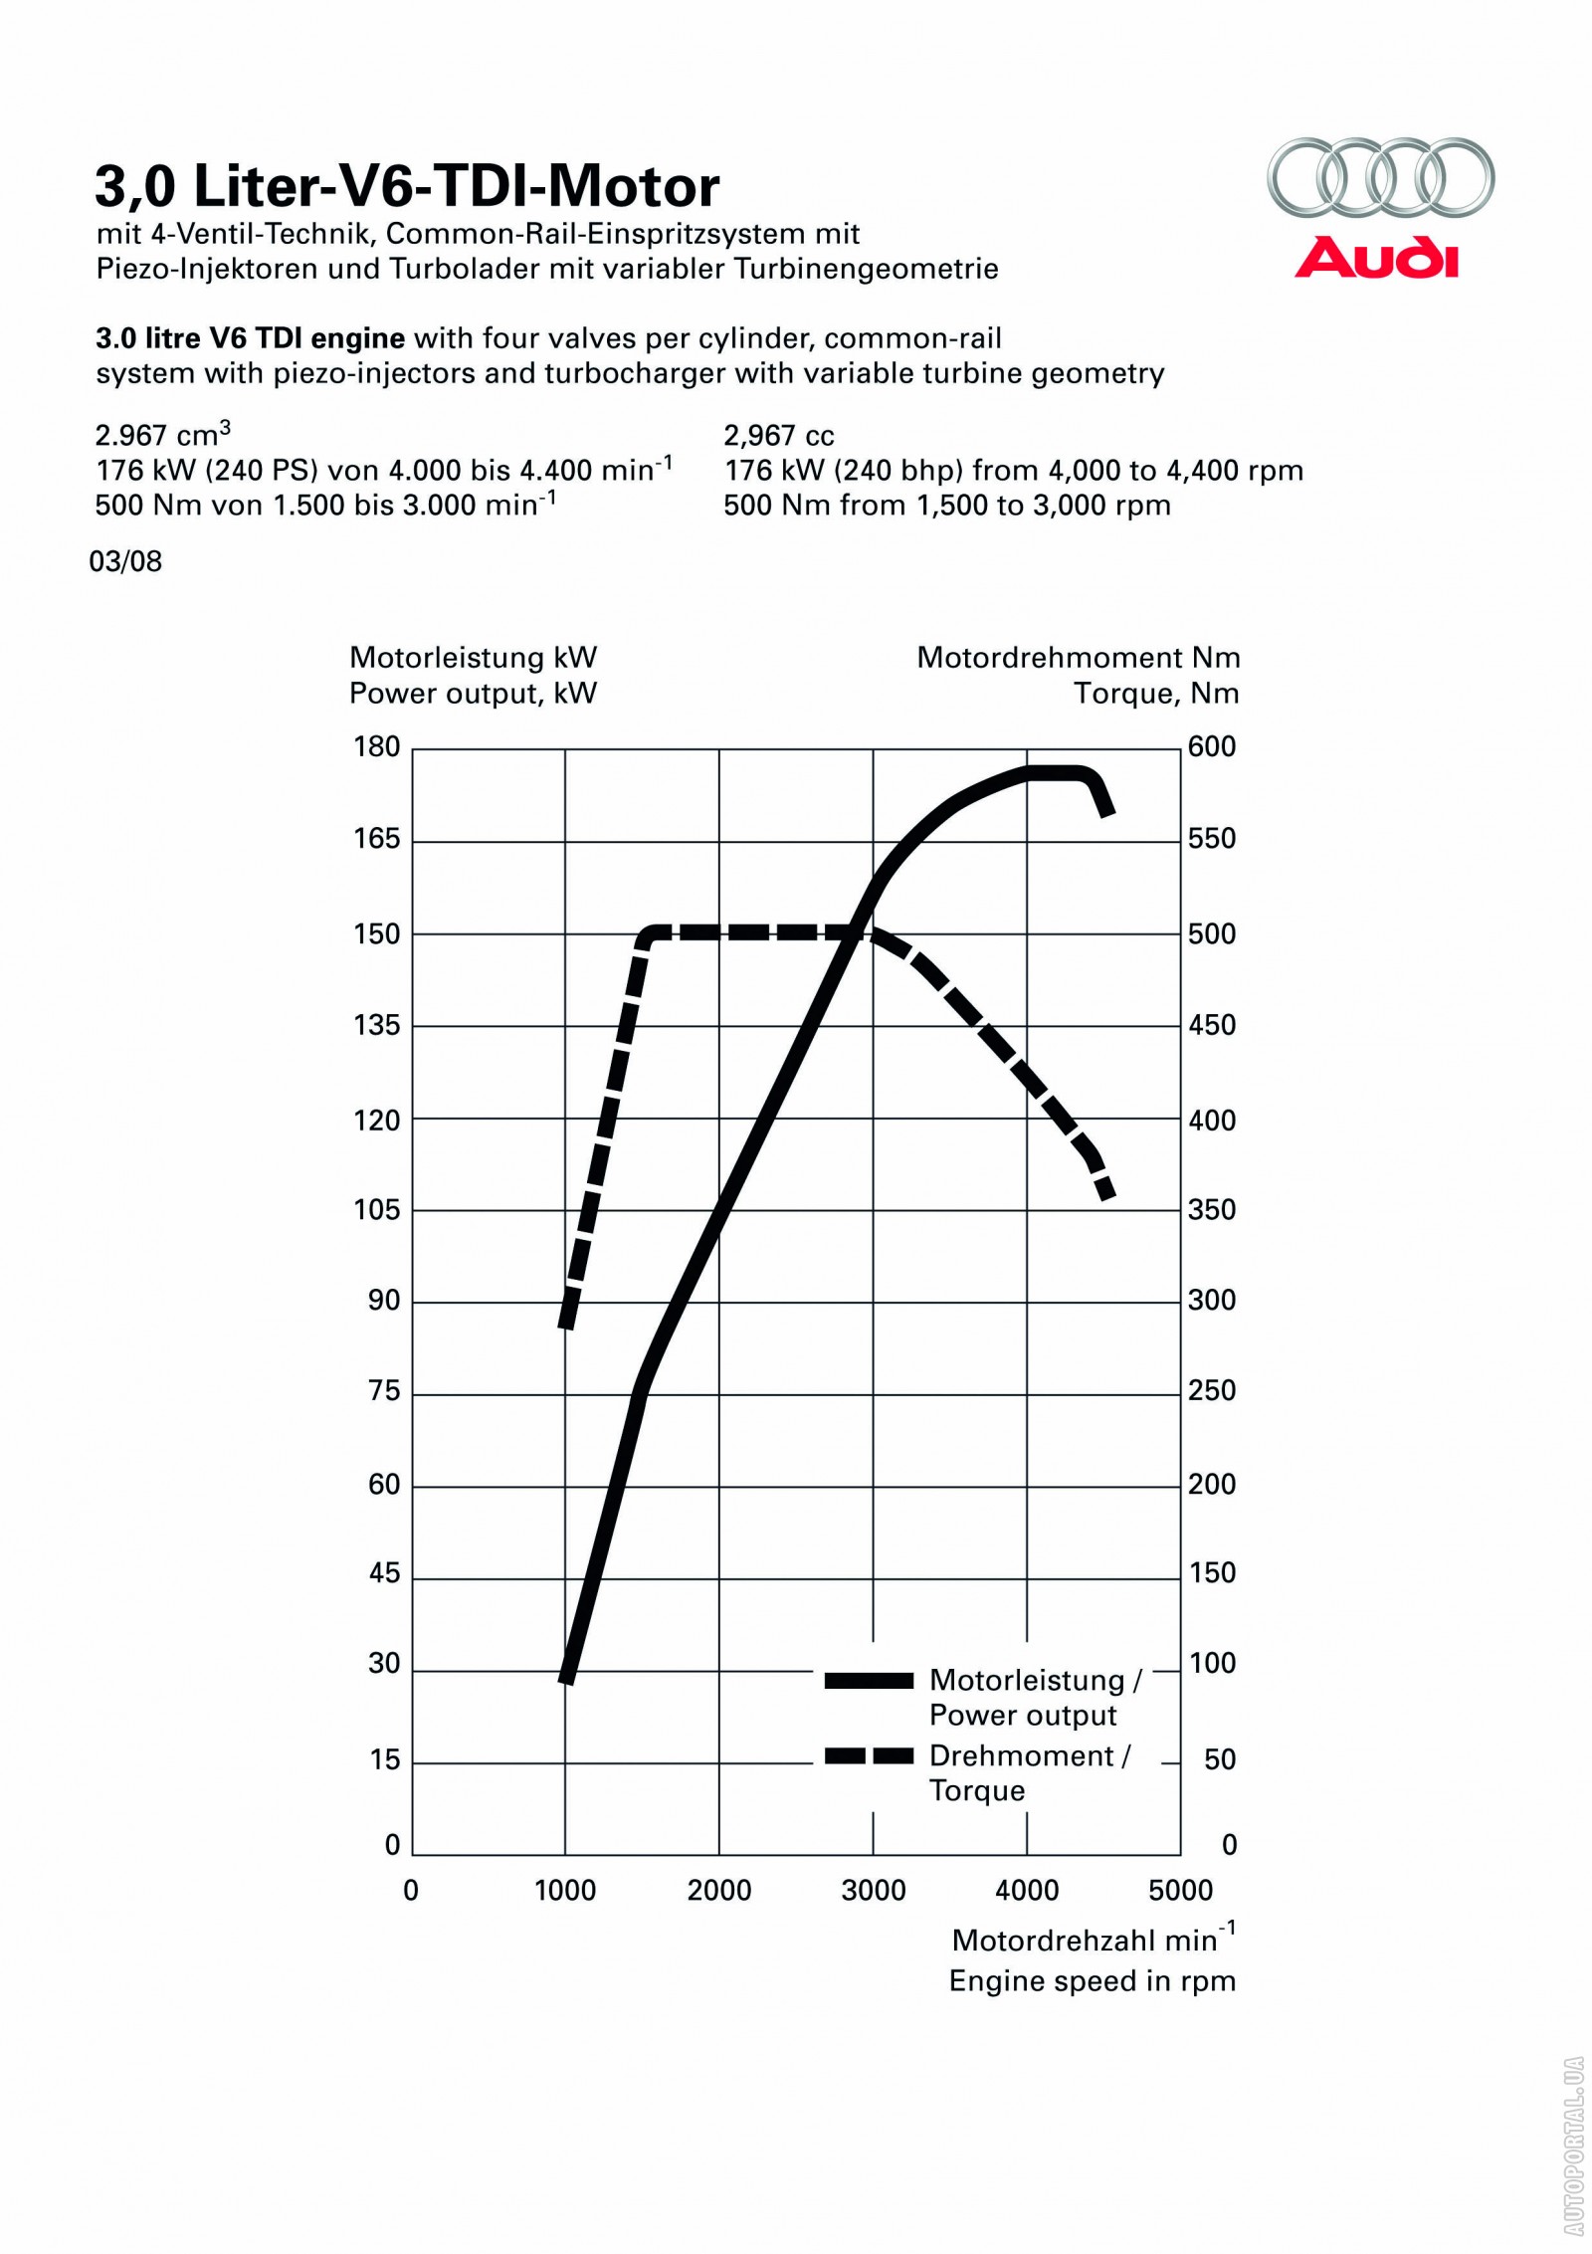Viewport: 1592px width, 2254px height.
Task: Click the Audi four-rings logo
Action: [x=1380, y=177]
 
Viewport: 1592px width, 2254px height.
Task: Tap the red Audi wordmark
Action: [x=1376, y=258]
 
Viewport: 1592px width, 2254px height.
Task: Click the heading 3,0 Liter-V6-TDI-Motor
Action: [x=407, y=186]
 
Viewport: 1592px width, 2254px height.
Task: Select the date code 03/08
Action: [x=125, y=561]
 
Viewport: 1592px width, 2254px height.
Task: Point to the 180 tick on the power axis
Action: [x=377, y=746]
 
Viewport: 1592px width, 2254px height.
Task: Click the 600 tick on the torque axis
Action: [x=1212, y=746]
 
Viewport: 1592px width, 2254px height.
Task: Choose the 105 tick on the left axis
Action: [x=377, y=1209]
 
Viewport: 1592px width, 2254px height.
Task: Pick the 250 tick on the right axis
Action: [x=1212, y=1390]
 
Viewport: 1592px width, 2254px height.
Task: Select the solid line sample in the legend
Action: [x=869, y=1681]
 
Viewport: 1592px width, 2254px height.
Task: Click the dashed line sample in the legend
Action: [x=869, y=1755]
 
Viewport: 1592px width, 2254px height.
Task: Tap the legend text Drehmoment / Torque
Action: [x=1029, y=1772]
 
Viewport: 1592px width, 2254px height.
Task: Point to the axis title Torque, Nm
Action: [x=1156, y=694]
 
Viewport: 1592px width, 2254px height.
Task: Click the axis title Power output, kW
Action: [x=473, y=694]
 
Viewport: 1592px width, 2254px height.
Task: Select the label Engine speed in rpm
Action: [x=1092, y=1980]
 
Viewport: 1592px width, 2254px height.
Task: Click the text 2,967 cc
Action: [x=779, y=436]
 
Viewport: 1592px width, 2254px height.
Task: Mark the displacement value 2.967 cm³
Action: [x=163, y=435]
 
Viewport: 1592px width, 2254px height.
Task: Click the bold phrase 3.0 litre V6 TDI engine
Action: [x=250, y=339]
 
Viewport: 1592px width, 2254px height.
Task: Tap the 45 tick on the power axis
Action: [x=384, y=1573]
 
